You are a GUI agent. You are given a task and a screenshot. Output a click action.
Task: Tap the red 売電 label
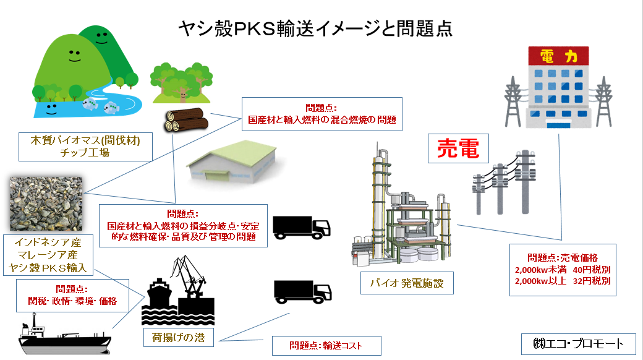pos(459,148)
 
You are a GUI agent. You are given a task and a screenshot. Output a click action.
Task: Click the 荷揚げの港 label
pos(178,338)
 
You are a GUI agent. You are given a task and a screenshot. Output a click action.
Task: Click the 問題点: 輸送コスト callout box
pos(326,346)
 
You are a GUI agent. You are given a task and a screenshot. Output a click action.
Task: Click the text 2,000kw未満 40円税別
pos(562,270)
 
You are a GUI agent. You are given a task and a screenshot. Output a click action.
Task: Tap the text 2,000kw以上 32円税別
pos(562,281)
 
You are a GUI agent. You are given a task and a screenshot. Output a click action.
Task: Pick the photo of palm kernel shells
pos(46,203)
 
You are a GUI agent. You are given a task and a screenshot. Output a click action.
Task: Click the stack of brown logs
pos(184,121)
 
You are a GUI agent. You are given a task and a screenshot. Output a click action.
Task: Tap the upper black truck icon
pos(301,226)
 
